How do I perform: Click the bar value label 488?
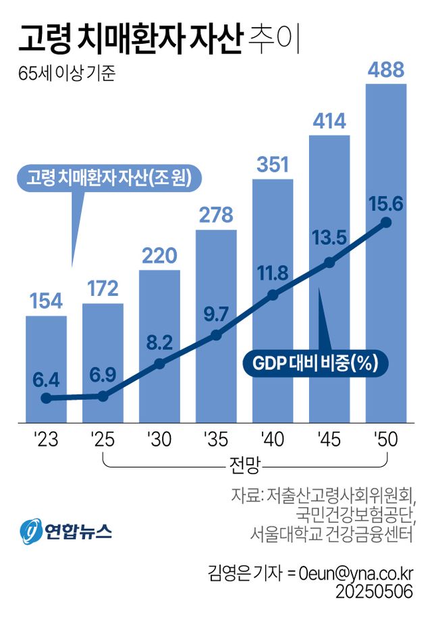386,70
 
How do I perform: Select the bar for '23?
46,368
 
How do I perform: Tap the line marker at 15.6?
386,222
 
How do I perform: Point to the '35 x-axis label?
216,440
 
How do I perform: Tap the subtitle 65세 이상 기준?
67,73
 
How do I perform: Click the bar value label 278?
216,215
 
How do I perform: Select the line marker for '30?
159,363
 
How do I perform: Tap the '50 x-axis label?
386,440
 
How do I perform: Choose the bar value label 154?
46,301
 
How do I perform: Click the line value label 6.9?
103,374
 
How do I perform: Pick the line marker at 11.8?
273,295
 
